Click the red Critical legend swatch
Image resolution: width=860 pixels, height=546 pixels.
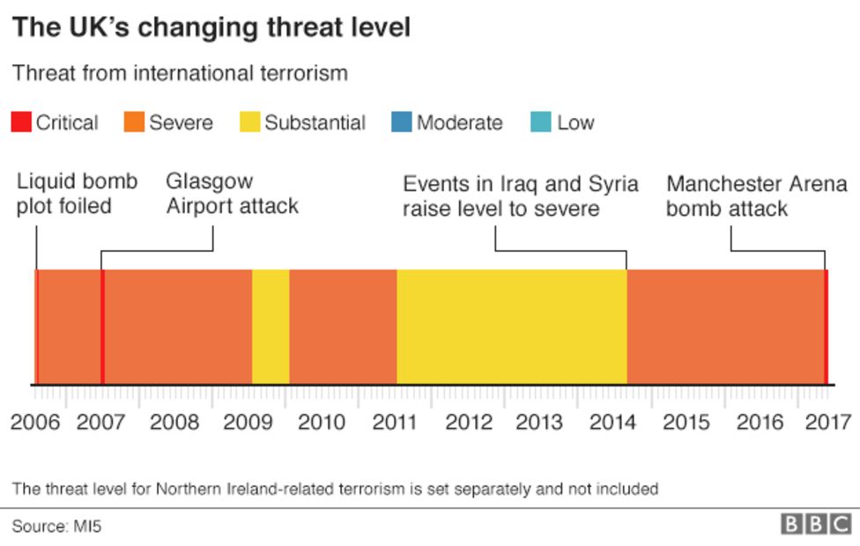click(x=20, y=122)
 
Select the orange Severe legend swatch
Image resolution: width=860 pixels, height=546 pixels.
click(x=134, y=122)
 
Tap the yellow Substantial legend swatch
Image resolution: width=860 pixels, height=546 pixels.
click(x=249, y=122)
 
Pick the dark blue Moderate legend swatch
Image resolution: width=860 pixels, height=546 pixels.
click(x=402, y=122)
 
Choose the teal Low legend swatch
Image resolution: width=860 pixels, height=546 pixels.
click(x=542, y=122)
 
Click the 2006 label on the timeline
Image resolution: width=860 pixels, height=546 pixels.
click(x=35, y=422)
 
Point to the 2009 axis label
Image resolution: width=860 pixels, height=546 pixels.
click(x=248, y=422)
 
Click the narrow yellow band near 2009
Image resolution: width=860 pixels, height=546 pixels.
click(x=271, y=327)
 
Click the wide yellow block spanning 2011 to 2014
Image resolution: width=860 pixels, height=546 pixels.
click(x=511, y=327)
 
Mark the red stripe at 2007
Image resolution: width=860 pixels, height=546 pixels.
click(x=102, y=327)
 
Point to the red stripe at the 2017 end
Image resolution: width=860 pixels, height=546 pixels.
click(x=826, y=327)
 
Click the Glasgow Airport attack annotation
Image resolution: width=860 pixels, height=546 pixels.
click(x=232, y=194)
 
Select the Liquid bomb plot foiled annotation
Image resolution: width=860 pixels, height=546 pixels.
click(x=77, y=194)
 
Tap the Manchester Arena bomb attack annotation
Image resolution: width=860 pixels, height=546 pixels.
click(x=756, y=196)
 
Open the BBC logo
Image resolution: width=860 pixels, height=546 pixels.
click(x=815, y=525)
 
